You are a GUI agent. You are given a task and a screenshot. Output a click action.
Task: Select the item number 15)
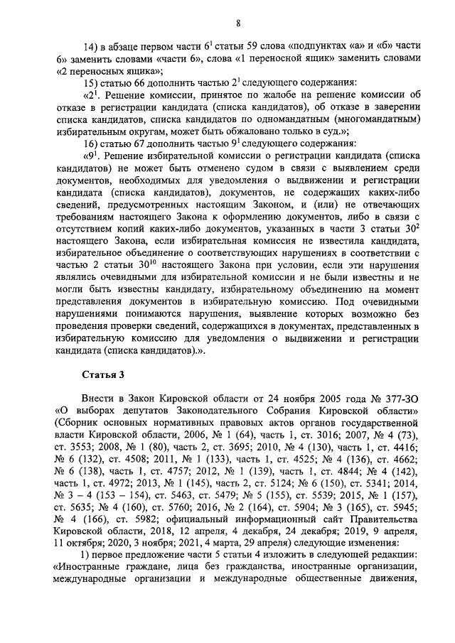pos(95,82)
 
